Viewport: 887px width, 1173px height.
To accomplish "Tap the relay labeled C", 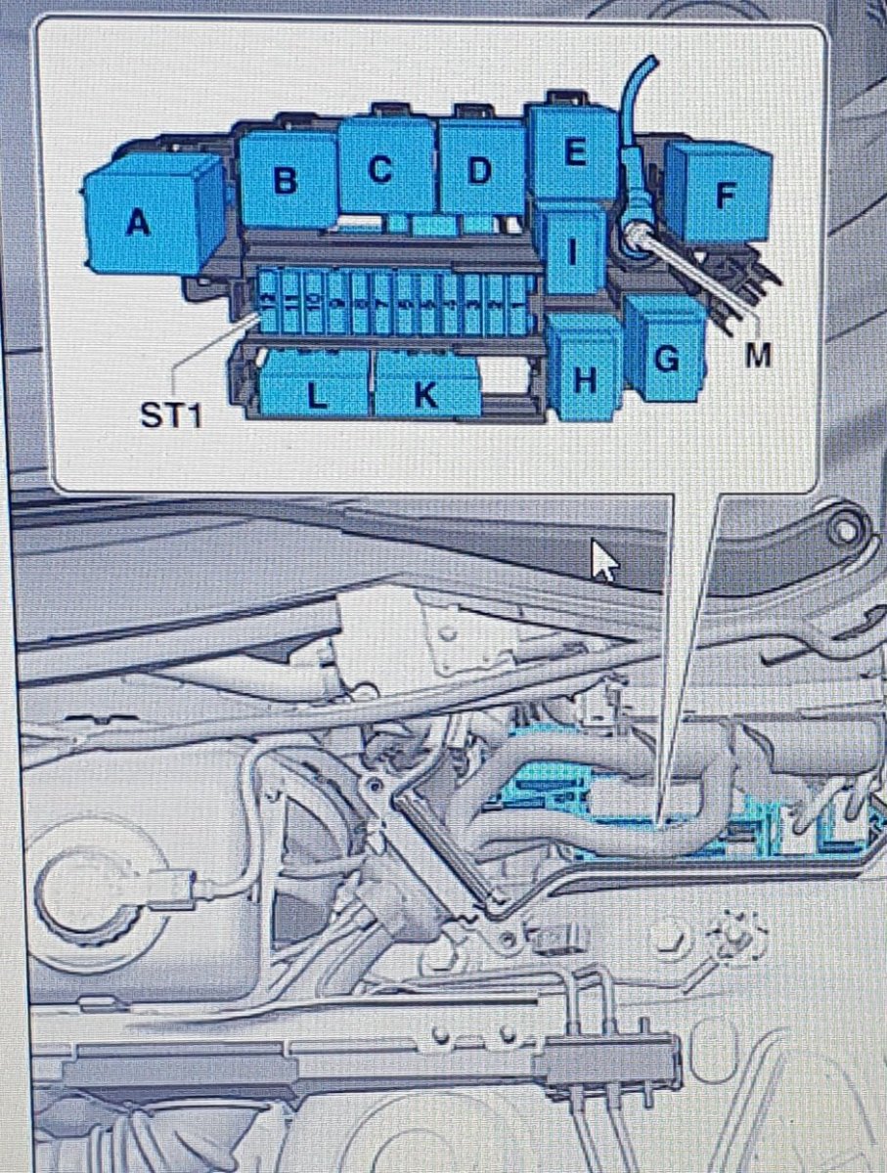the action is click(385, 167).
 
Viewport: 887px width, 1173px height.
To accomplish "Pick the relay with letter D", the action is click(482, 168).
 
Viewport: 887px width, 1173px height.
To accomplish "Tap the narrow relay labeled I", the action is click(573, 250).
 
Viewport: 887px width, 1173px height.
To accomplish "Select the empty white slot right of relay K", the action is click(510, 375).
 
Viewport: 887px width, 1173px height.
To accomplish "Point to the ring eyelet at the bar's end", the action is click(846, 533).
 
